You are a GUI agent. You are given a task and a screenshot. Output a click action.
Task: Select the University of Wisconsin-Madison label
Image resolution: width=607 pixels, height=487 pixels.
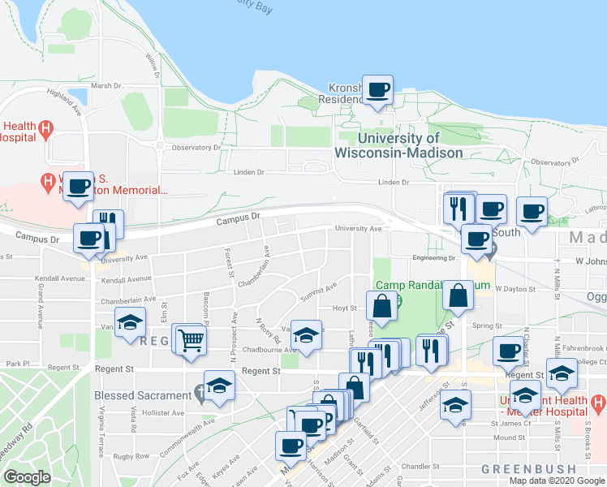click(398, 145)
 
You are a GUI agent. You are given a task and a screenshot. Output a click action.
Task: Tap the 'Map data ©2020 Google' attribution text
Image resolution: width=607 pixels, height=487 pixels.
click(557, 481)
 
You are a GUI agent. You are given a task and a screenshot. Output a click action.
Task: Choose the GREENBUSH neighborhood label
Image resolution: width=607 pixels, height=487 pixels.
click(528, 469)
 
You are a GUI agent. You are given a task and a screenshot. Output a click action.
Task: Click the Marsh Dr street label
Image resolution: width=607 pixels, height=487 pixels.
click(105, 85)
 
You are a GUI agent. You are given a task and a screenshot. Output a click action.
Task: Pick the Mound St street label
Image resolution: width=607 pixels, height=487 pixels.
click(510, 437)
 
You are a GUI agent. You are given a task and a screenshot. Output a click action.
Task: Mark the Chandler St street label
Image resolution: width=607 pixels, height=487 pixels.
click(419, 467)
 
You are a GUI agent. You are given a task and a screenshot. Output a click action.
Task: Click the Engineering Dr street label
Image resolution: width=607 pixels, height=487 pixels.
click(433, 257)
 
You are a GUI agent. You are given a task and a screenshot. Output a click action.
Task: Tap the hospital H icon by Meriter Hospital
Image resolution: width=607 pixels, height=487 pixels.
click(599, 403)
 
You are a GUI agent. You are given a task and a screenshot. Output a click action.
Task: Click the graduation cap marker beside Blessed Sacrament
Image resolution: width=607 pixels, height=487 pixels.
click(218, 386)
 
